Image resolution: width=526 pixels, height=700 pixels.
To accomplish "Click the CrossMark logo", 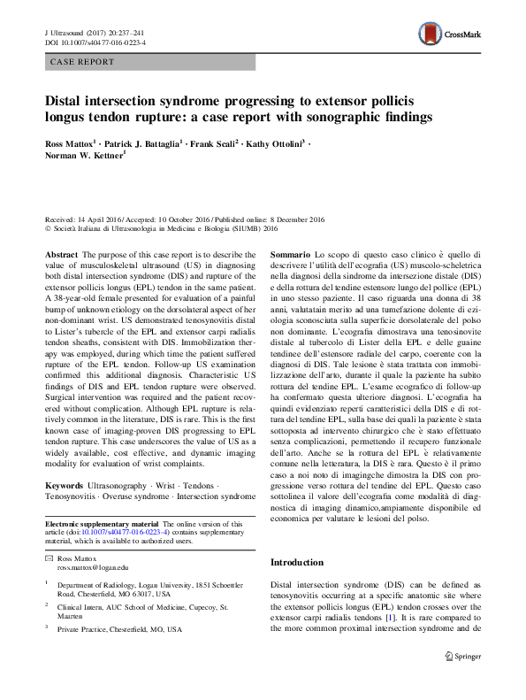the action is [x=448, y=35].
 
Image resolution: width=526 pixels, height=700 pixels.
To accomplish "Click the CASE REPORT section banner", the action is [x=82, y=62].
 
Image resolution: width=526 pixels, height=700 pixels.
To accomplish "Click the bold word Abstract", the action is [x=62, y=253].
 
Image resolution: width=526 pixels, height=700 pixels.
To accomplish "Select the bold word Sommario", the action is [x=290, y=253].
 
